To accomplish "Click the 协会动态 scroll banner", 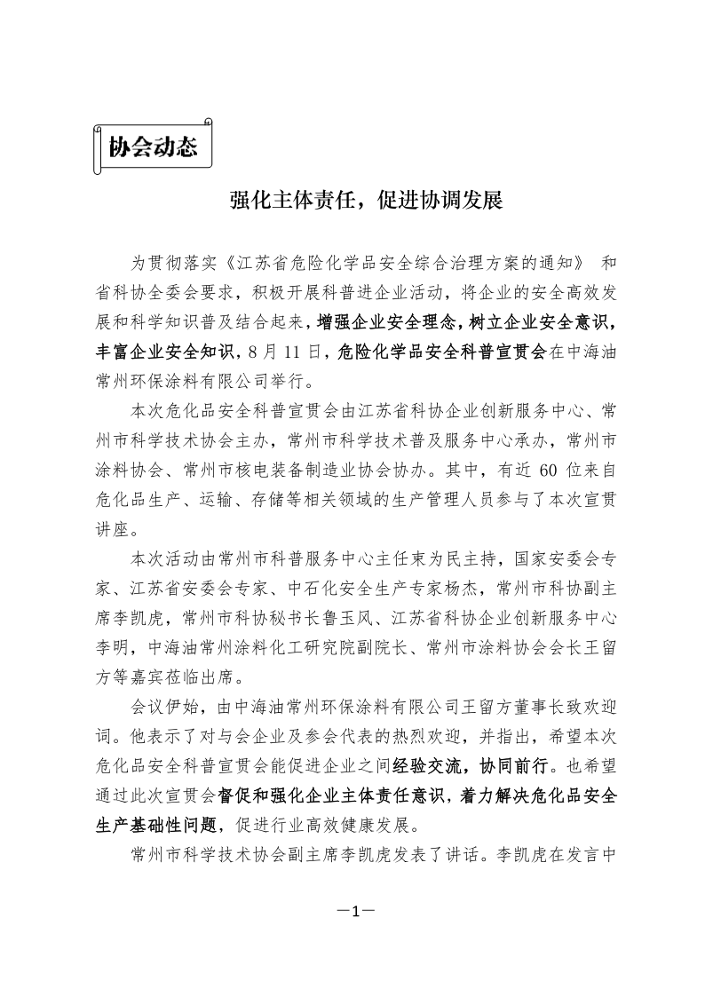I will pyautogui.click(x=152, y=146).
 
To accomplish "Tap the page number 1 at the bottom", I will pyautogui.click(x=352, y=911).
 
